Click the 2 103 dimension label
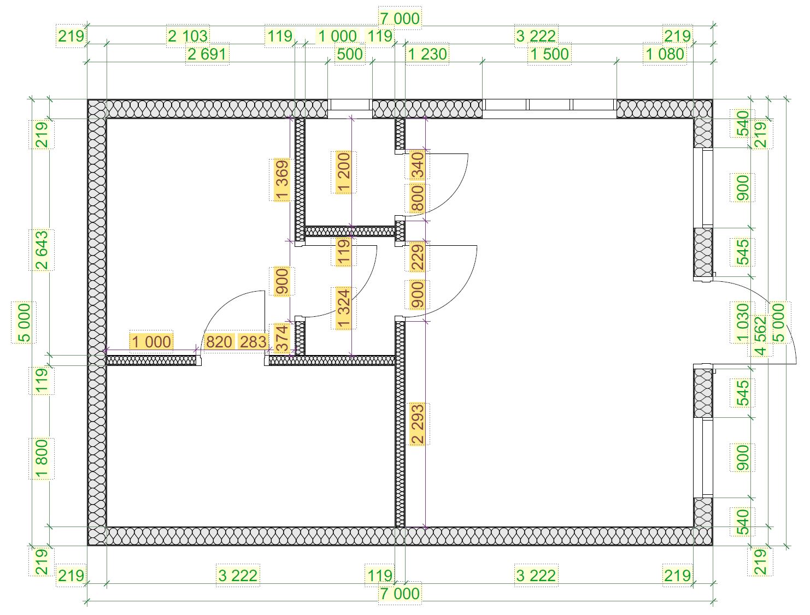(188, 36)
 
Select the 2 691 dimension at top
(207, 54)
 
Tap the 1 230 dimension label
(427, 54)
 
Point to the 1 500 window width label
(549, 54)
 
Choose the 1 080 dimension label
(665, 54)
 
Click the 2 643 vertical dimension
(42, 250)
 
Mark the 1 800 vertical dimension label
(42, 459)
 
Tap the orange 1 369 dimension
(281, 180)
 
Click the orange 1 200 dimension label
(344, 172)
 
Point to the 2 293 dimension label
(418, 424)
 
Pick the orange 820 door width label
(219, 342)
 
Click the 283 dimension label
(253, 342)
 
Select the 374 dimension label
(281, 338)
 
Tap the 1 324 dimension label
(344, 309)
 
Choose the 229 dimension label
(418, 257)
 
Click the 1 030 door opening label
(742, 322)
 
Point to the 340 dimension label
(418, 165)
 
